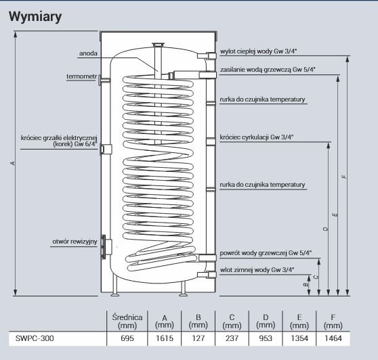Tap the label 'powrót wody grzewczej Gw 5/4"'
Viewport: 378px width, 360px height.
266,252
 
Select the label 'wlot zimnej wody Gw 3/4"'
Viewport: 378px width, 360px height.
256,269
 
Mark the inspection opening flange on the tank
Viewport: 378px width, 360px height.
104,247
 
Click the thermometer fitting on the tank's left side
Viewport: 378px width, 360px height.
103,80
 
